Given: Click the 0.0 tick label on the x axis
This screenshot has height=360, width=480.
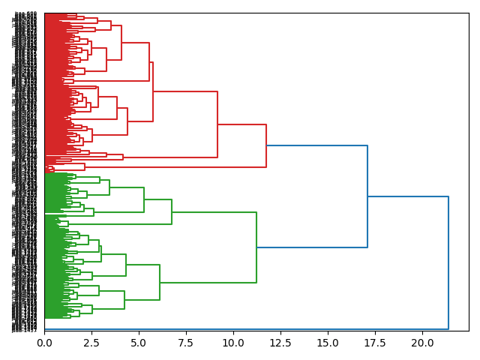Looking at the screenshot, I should [44, 342].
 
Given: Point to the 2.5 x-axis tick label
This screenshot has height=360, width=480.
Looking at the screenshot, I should [91, 342].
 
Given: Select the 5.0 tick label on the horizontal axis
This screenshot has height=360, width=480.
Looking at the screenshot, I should [139, 342].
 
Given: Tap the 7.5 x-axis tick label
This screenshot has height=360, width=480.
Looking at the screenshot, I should [186, 342].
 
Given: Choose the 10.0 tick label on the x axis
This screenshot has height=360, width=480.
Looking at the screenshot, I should [233, 342].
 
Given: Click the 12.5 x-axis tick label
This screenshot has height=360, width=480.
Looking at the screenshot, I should [280, 342].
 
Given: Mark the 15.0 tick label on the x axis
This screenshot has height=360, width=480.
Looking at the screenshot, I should [328, 342].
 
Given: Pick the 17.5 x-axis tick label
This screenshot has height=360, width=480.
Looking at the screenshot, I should [375, 342].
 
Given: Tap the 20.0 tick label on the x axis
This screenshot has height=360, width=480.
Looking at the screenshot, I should [422, 342].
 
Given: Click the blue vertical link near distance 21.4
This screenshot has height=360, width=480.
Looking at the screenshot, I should [448, 262].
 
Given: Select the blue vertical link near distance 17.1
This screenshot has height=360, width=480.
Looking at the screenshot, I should [367, 196].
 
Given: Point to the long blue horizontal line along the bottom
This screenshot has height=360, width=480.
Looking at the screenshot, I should [247, 328].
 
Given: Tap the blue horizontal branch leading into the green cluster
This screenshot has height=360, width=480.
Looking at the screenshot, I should [312, 247].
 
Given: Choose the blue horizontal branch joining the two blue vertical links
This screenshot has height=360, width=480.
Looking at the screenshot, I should [408, 196].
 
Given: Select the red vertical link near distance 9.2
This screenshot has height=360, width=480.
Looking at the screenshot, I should [217, 124].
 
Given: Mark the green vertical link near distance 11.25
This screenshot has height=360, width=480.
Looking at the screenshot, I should [256, 247].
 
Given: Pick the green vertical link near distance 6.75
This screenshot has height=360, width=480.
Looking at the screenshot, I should [172, 211].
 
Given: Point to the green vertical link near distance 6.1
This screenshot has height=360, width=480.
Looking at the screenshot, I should [160, 282].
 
